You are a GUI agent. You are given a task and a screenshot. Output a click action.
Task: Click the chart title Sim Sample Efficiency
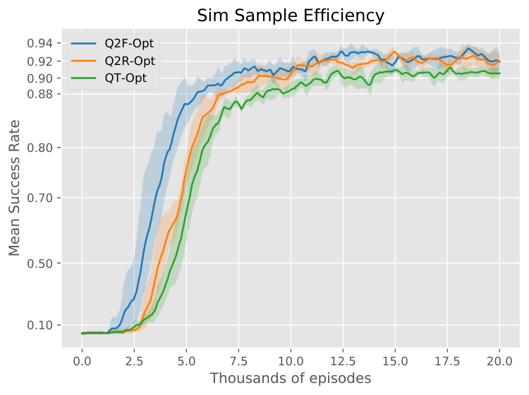point(291,16)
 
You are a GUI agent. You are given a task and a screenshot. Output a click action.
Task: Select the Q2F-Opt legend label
point(129,43)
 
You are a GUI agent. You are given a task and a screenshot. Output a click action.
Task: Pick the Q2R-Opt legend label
point(130,61)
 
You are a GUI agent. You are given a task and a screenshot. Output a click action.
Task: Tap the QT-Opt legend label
point(126,78)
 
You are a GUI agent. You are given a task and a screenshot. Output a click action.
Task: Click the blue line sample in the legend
point(84,43)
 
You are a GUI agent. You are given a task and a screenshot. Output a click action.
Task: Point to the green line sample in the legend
point(84,78)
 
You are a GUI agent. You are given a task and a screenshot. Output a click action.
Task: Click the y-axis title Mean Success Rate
point(14,188)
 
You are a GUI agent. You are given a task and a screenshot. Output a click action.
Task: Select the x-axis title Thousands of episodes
point(291,378)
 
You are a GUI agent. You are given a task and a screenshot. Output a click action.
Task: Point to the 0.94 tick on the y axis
point(39,43)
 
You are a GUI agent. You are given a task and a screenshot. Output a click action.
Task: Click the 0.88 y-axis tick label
point(39,93)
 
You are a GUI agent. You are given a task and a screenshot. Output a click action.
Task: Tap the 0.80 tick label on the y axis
point(39,148)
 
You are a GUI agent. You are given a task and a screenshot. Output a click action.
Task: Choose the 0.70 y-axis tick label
point(39,198)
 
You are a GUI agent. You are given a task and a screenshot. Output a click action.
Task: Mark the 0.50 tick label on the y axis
point(39,264)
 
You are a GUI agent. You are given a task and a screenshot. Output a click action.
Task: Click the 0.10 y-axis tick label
point(39,325)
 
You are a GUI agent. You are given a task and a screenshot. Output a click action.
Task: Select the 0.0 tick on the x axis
point(82,361)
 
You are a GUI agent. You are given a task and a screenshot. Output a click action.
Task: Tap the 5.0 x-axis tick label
point(186,361)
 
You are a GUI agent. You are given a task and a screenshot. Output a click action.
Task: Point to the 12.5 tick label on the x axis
point(343,361)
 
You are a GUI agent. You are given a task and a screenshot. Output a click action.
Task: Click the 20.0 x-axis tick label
point(499,361)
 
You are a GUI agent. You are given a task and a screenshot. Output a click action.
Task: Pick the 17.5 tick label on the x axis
point(447,361)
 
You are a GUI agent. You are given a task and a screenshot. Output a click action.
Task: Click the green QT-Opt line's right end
point(499,73)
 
